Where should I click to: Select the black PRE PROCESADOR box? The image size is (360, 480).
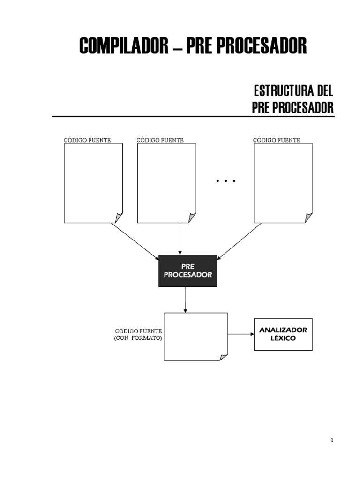pos(188,270)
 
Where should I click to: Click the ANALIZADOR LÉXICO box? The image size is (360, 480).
pos(283,334)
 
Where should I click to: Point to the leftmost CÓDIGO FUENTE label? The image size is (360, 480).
pos(87,140)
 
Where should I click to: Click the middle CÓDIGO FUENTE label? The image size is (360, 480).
pos(160,140)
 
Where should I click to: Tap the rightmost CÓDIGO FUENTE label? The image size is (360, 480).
pos(277,140)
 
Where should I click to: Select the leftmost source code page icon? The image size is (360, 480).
pos(93,183)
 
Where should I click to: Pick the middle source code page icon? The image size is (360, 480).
pos(166,183)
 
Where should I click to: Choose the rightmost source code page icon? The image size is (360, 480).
pos(283,183)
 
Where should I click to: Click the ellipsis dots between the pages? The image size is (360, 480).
pos(225,181)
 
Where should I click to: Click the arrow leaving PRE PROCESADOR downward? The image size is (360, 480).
pos(186,300)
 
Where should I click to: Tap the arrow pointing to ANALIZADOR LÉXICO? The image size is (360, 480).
pos(241,334)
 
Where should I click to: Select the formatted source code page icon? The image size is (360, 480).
pos(195,337)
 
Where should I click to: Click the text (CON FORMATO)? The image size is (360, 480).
pos(138,338)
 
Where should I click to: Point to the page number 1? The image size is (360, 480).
pos(332,440)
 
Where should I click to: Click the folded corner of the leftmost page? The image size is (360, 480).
pos(119,218)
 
